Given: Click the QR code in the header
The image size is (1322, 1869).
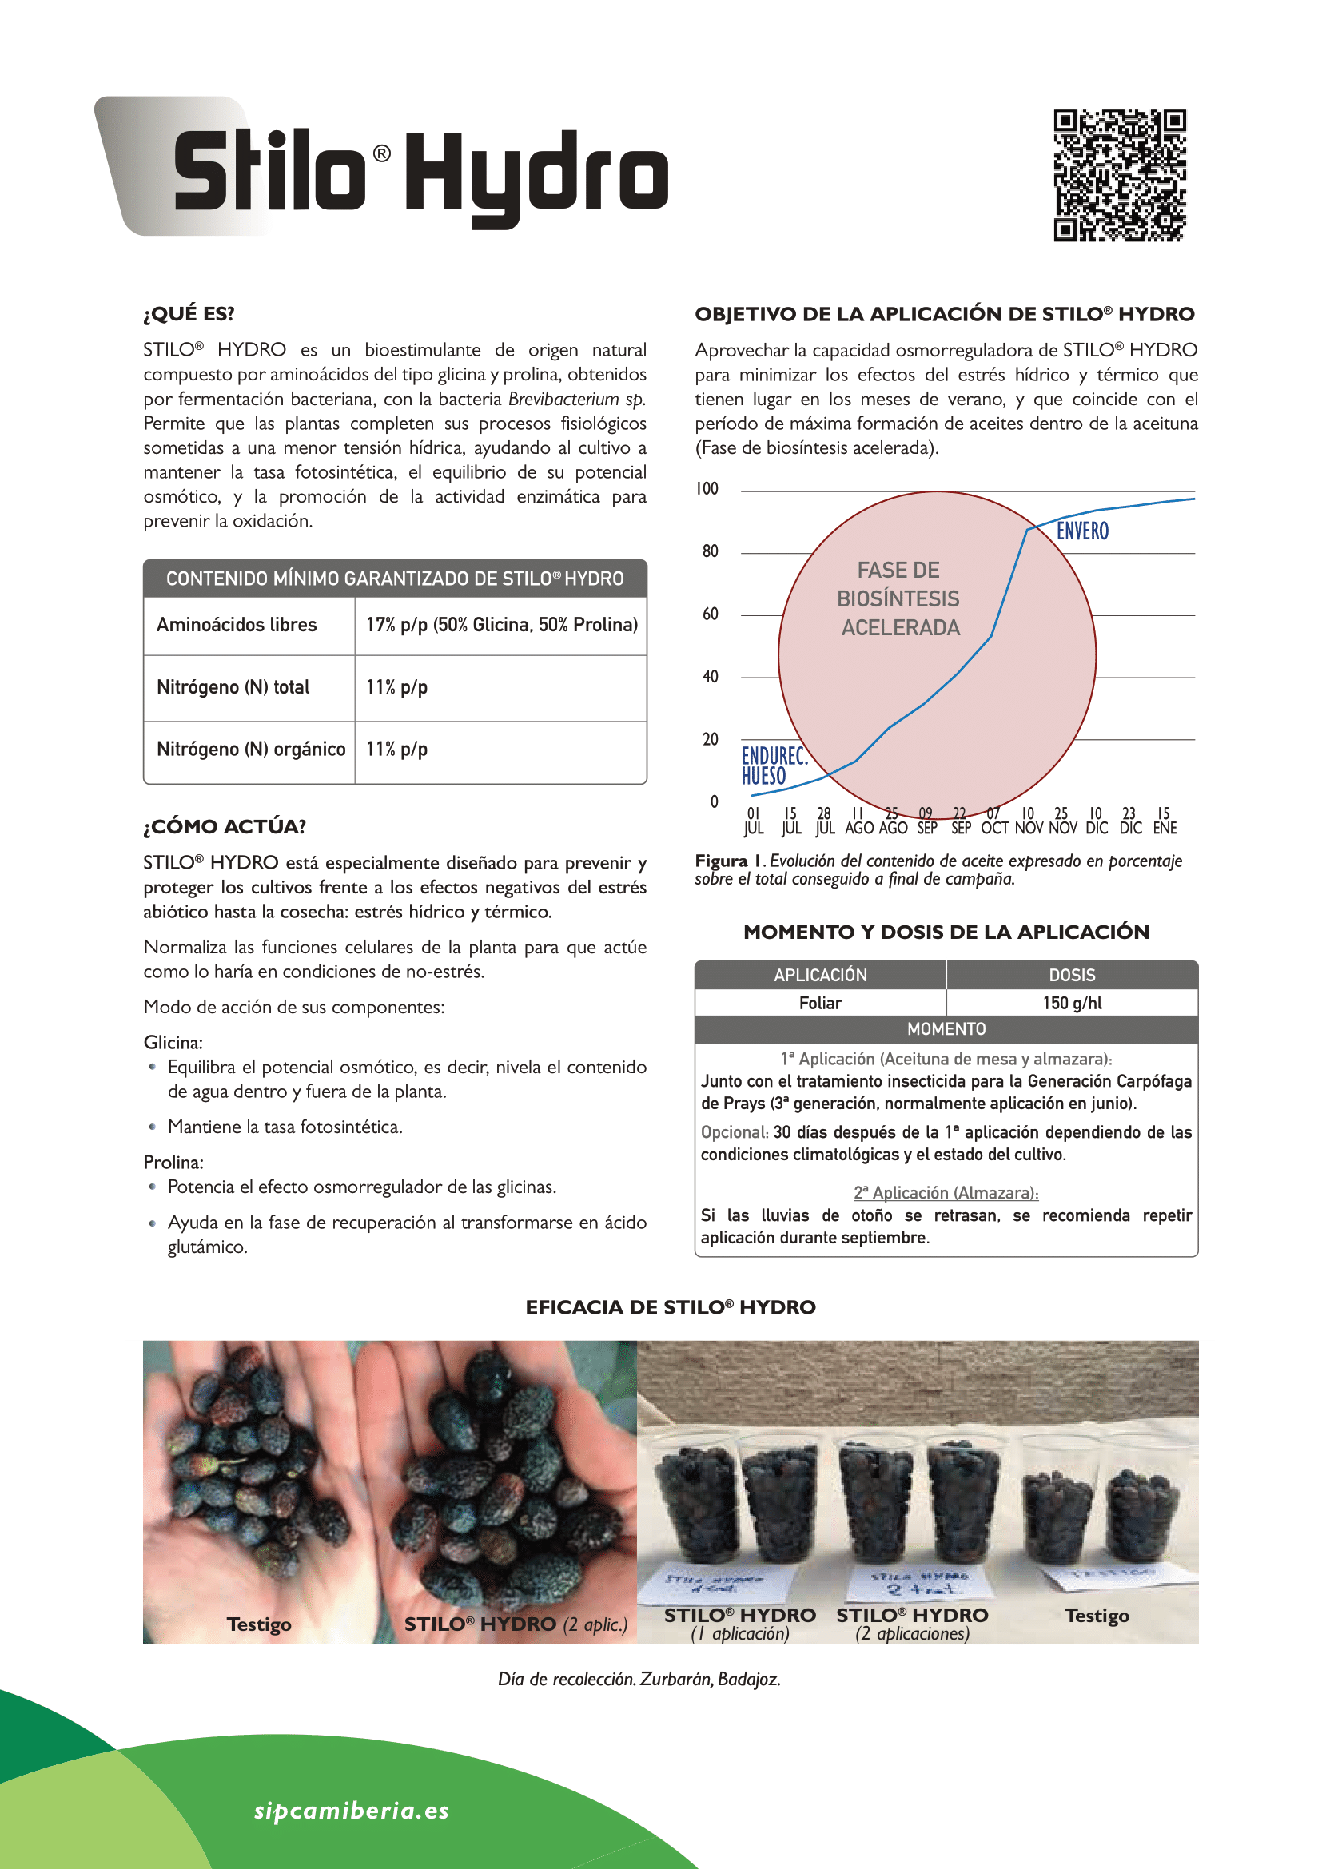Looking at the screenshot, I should pyautogui.click(x=1119, y=175).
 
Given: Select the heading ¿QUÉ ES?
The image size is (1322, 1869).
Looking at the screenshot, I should pyautogui.click(x=189, y=313).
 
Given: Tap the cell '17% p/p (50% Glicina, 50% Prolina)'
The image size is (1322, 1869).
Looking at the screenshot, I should pyautogui.click(x=501, y=624).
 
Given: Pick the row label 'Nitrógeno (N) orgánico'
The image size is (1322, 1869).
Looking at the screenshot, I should pyautogui.click(x=251, y=749).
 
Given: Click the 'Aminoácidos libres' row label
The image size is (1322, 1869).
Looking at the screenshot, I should pyautogui.click(x=237, y=624).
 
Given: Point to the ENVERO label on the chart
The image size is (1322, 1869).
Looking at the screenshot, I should pyautogui.click(x=1082, y=531).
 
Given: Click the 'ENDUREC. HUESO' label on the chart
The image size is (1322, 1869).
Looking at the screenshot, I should pyautogui.click(x=774, y=766).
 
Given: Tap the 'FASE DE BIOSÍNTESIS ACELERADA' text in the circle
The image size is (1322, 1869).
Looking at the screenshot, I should pyautogui.click(x=899, y=598).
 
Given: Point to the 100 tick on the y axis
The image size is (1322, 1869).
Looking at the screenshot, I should pyautogui.click(x=707, y=488).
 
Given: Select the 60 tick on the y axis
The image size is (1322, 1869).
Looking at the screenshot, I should pyautogui.click(x=710, y=614).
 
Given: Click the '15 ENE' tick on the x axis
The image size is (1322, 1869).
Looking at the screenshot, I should pyautogui.click(x=1164, y=821).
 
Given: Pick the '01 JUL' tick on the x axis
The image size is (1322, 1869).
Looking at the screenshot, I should pyautogui.click(x=753, y=821).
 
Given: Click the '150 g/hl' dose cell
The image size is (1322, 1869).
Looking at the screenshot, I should pyautogui.click(x=1071, y=1003).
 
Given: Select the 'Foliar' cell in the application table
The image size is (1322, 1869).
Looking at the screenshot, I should pyautogui.click(x=820, y=1003).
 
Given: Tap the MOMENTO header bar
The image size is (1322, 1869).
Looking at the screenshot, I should pyautogui.click(x=946, y=1029).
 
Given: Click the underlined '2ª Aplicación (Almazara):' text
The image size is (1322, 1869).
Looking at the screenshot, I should pyautogui.click(x=946, y=1192).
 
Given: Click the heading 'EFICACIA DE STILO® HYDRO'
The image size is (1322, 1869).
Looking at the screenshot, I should pyautogui.click(x=670, y=1307).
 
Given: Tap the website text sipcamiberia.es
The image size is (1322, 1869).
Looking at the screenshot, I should pyautogui.click(x=352, y=1810).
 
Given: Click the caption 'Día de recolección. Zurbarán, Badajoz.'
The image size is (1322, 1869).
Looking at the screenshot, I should pyautogui.click(x=639, y=1679).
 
